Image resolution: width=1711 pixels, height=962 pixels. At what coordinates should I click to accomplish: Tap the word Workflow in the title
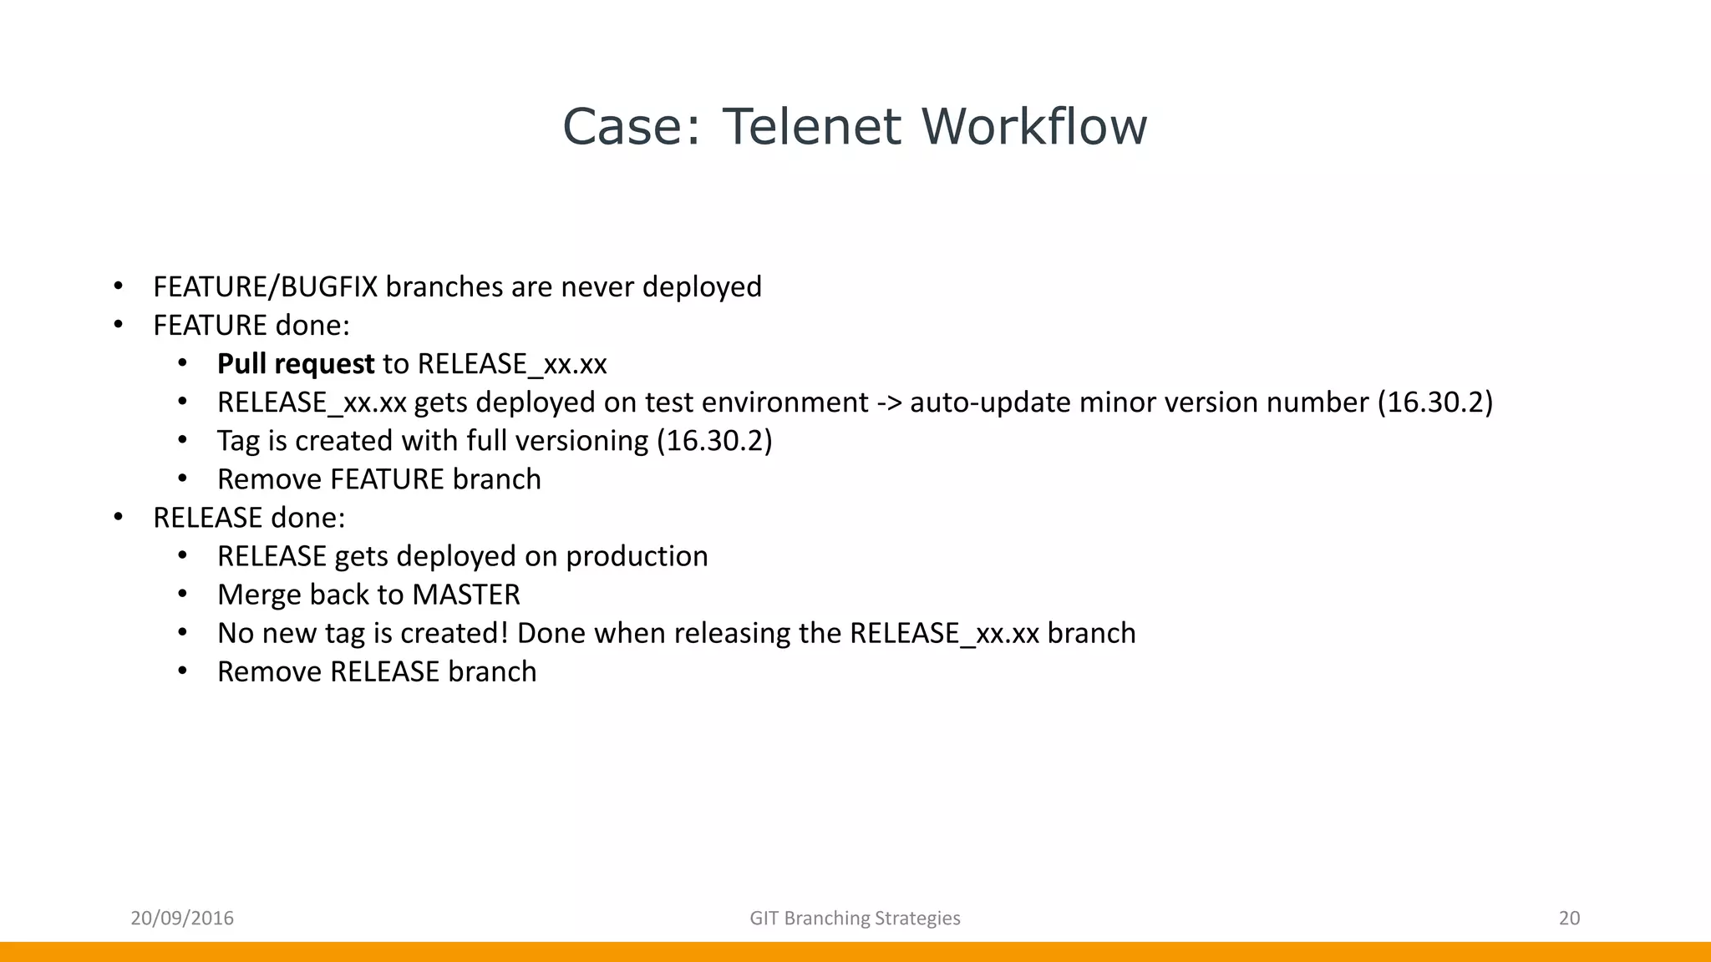pyautogui.click(x=1034, y=127)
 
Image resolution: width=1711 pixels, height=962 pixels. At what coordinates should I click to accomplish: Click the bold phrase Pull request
pyautogui.click(x=296, y=364)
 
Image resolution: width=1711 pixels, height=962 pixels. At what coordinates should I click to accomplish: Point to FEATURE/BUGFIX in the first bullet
pyautogui.click(x=265, y=287)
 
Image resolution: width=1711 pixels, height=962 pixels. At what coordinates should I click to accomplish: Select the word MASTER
pyautogui.click(x=466, y=595)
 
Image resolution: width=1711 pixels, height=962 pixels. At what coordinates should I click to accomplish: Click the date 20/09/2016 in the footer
pyautogui.click(x=182, y=919)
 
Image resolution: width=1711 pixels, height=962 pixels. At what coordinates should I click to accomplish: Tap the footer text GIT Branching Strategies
pyautogui.click(x=855, y=919)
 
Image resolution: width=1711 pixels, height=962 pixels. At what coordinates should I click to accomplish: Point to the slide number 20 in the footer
pyautogui.click(x=1569, y=919)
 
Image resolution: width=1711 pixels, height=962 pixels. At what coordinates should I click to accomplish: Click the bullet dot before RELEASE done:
pyautogui.click(x=119, y=518)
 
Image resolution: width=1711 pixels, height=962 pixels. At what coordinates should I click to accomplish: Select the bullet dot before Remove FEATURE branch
pyautogui.click(x=183, y=479)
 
